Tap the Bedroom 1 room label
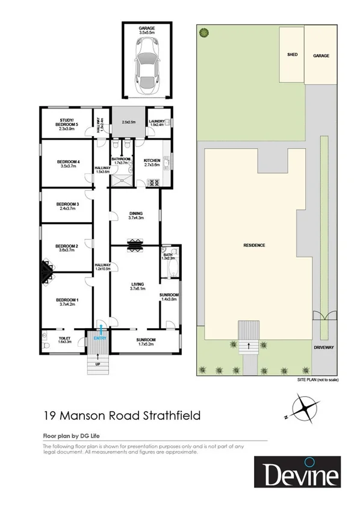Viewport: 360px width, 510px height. pyautogui.click(x=67, y=302)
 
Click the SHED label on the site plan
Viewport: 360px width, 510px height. pyautogui.click(x=292, y=55)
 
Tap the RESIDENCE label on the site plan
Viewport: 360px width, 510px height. pyautogui.click(x=254, y=245)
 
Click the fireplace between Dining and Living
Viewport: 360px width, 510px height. pyautogui.click(x=136, y=243)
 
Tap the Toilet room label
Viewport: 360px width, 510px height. pyautogui.click(x=65, y=340)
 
